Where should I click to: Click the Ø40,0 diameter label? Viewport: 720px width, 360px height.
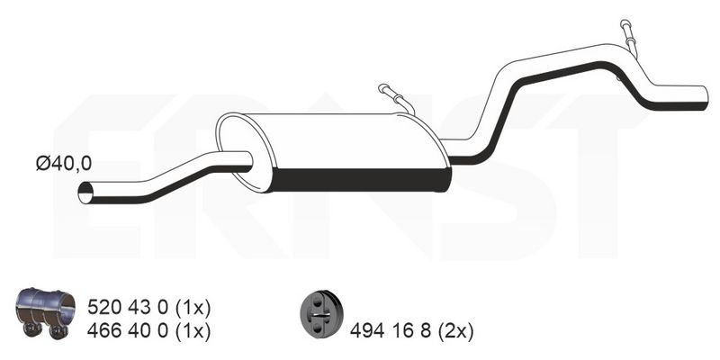coord(64,164)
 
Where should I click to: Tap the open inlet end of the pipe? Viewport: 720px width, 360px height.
coord(85,193)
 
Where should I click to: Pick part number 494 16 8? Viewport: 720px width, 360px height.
coord(391,331)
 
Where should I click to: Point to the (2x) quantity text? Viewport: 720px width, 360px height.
coord(455,331)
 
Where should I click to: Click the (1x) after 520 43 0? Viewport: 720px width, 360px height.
coord(193,308)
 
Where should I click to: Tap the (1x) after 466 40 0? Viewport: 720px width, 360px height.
coord(193,331)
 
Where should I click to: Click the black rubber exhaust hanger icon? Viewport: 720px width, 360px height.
coord(322,313)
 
